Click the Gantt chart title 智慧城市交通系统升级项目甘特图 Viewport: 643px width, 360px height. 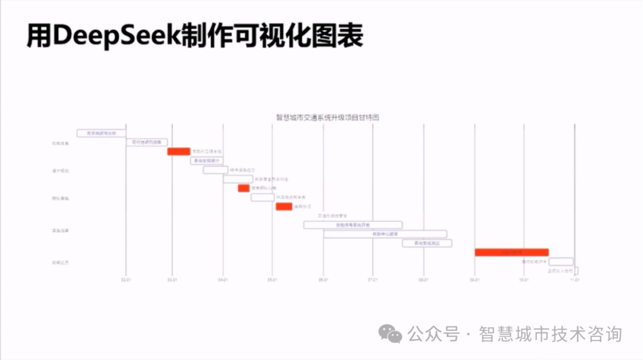pyautogui.click(x=327, y=117)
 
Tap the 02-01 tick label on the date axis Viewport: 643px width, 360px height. pyautogui.click(x=126, y=279)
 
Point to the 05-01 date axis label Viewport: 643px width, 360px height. pyautogui.click(x=272, y=279)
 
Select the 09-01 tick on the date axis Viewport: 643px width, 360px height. pyautogui.click(x=475, y=279)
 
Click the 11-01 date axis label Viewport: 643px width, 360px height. pyautogui.click(x=575, y=279)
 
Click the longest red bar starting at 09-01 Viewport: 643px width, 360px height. pyautogui.click(x=511, y=252)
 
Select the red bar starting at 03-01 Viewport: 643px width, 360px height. pyautogui.click(x=179, y=152)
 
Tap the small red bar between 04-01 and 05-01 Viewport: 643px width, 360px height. pyautogui.click(x=244, y=188)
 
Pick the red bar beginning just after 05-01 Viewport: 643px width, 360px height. pyautogui.click(x=283, y=206)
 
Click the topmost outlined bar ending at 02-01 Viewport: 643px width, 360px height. pyautogui.click(x=101, y=133)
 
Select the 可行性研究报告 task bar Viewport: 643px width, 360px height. pyautogui.click(x=146, y=142)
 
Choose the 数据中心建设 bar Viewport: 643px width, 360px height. pyautogui.click(x=385, y=234)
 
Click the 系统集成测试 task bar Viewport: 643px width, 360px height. pyautogui.click(x=427, y=243)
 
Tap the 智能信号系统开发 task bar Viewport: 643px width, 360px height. pyautogui.click(x=352, y=225)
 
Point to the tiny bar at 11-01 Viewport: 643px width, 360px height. pyautogui.click(x=576, y=271)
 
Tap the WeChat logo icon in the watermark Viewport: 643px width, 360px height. pyautogui.click(x=391, y=334)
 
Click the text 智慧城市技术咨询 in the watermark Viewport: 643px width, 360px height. pyautogui.click(x=550, y=334)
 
